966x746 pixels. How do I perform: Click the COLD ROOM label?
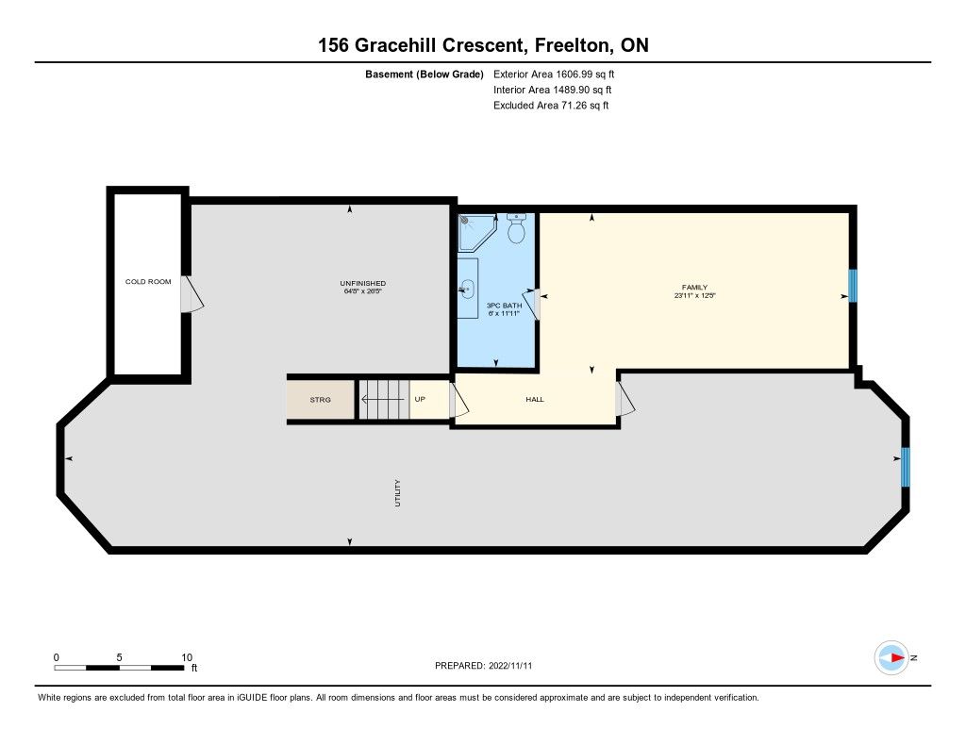(148, 282)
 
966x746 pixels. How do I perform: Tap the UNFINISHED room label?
(363, 283)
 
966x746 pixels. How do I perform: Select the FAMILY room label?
(694, 287)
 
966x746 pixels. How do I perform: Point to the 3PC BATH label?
(504, 306)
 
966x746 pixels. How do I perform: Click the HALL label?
(535, 399)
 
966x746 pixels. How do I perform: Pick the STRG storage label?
(321, 400)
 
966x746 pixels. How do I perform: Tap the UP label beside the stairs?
(420, 399)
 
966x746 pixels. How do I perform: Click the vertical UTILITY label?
(397, 493)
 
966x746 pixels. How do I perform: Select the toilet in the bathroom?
(516, 228)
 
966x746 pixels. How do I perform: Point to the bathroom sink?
(467, 288)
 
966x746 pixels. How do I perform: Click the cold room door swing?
(192, 294)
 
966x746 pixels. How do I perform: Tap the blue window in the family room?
(853, 286)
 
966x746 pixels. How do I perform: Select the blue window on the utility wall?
(905, 467)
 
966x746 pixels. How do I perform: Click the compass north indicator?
(892, 658)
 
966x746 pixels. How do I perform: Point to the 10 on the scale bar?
(187, 657)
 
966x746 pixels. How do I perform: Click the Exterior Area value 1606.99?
(575, 75)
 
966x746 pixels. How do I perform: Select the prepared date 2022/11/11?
(510, 666)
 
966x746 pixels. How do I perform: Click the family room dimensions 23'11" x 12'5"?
(695, 296)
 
